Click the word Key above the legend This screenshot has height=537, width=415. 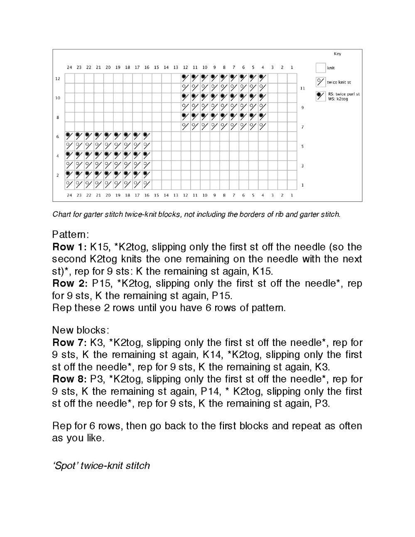click(337, 54)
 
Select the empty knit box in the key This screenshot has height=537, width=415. click(320, 68)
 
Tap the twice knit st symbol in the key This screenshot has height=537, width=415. click(320, 82)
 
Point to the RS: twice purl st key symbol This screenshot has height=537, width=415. click(320, 96)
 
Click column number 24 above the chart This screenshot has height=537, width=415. click(69, 67)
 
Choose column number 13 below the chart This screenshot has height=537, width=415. click(176, 195)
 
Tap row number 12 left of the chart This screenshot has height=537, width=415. click(58, 78)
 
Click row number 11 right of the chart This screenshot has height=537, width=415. click(302, 88)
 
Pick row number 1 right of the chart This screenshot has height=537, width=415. click(302, 185)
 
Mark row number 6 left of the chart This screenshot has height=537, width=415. click(58, 137)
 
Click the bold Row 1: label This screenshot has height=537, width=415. click(69, 247)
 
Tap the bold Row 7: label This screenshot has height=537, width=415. click(69, 343)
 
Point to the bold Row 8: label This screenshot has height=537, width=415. click(69, 379)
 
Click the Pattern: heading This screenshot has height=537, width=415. click(71, 234)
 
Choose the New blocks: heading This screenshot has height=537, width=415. click(80, 330)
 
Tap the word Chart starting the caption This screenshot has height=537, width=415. click(61, 214)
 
